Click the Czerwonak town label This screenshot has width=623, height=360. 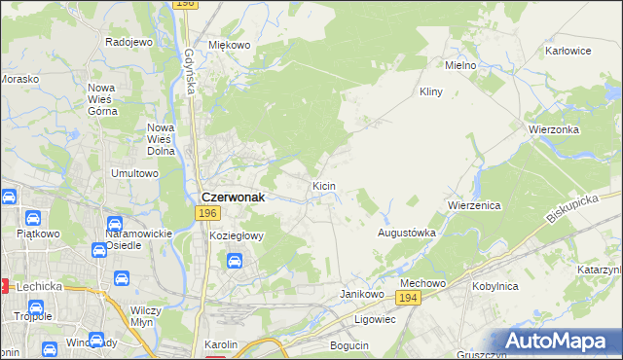pos(234,194)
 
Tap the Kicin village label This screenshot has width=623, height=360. pos(324,185)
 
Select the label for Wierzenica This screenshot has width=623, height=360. pos(474,206)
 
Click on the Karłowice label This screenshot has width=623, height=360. pos(569,50)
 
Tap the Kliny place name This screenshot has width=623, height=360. pos(430,91)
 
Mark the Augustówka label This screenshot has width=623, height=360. pos(406,234)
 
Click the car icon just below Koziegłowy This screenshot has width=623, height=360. pos(235,260)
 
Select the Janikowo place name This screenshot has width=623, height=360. pos(358,293)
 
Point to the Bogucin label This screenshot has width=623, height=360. pos(349,345)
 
